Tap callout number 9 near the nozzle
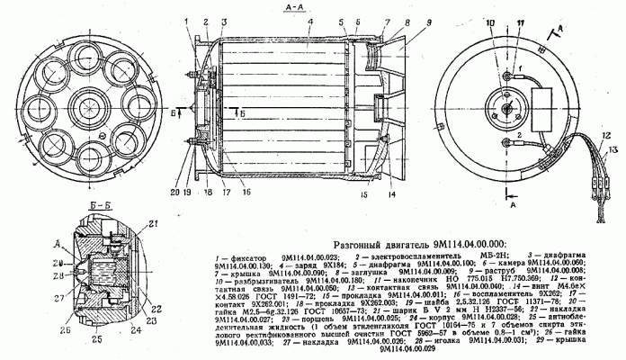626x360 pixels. (403, 21)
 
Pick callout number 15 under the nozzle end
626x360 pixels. (362, 193)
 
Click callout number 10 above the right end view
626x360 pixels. (492, 20)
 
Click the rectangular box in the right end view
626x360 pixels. (539, 90)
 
